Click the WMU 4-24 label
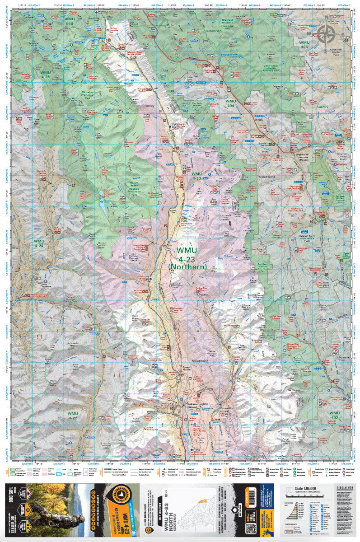[39, 243]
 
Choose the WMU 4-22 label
[73, 416]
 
